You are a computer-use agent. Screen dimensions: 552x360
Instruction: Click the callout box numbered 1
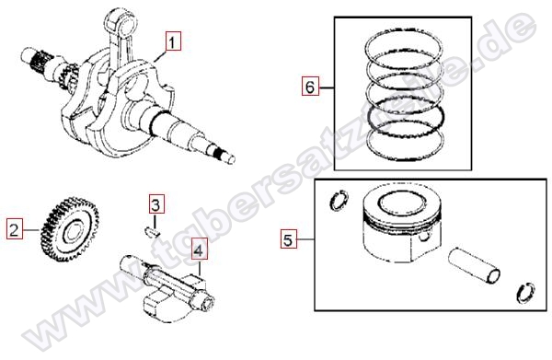click(172, 41)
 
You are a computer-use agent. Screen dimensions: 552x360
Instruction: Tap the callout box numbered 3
click(155, 203)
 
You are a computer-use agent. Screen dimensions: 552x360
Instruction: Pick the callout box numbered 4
click(199, 250)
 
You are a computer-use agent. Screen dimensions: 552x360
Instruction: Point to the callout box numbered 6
click(310, 86)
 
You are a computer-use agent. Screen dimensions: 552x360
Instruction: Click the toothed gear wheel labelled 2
click(69, 229)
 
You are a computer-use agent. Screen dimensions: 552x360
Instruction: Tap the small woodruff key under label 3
click(153, 233)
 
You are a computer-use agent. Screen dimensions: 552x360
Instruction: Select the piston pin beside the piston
click(474, 265)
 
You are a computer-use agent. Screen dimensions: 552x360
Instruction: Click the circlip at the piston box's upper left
click(339, 200)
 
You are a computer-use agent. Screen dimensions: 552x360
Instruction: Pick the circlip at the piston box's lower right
click(525, 293)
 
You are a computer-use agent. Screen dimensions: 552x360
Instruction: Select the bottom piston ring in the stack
click(405, 157)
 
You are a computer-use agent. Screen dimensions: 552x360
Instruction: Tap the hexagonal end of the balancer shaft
click(207, 303)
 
